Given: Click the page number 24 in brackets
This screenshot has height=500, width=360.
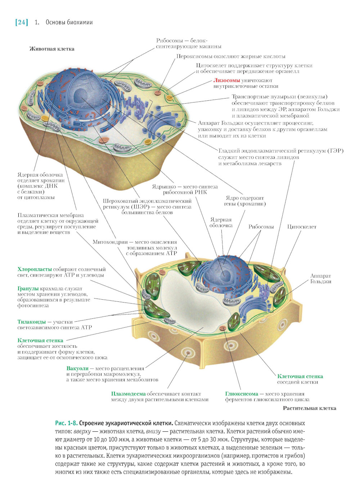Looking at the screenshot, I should pos(22,22).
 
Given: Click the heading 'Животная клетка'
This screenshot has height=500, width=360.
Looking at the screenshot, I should pos(52,49).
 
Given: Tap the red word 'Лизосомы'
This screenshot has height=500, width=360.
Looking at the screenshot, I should pos(226,80).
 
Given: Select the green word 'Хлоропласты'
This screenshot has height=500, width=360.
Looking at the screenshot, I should pos(35,269).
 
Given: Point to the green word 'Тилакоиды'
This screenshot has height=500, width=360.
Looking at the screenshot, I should pos(32,322).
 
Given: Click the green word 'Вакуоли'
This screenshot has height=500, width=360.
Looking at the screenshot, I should pos(77,368).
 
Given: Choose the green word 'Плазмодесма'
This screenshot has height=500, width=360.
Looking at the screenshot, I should pos(129,394).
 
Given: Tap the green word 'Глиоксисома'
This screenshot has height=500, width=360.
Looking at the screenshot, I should pos(242,394).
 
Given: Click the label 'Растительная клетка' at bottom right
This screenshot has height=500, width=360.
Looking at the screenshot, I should pos(309,408).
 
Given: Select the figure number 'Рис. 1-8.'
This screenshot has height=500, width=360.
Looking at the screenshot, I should pos(66,423).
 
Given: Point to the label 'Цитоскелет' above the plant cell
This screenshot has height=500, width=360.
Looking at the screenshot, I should pos(301,227).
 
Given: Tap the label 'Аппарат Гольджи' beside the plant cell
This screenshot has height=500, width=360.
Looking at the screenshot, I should pos(320,278).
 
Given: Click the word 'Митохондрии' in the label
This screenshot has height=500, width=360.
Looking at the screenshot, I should pos(110,242).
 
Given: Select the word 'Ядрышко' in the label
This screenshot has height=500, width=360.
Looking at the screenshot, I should pos(164,186).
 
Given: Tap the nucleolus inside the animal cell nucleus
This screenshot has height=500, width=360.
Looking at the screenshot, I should pos(80,95).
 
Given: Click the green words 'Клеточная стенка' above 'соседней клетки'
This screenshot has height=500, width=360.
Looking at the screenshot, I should pos(300,376).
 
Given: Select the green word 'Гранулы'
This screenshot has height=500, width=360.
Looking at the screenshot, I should pos(28,288).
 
